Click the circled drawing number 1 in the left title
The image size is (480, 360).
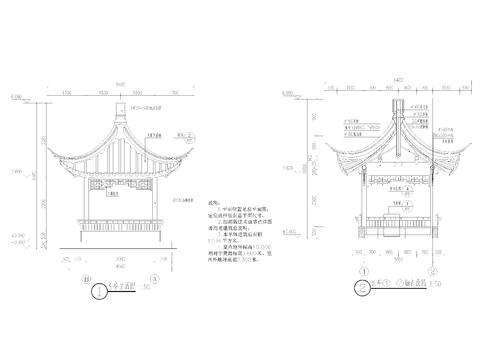point(98,293)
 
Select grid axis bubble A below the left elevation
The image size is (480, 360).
point(153,277)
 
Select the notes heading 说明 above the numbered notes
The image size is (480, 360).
point(212,200)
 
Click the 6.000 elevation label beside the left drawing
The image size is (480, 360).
point(17,96)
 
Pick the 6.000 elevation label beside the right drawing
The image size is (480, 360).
point(291,96)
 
